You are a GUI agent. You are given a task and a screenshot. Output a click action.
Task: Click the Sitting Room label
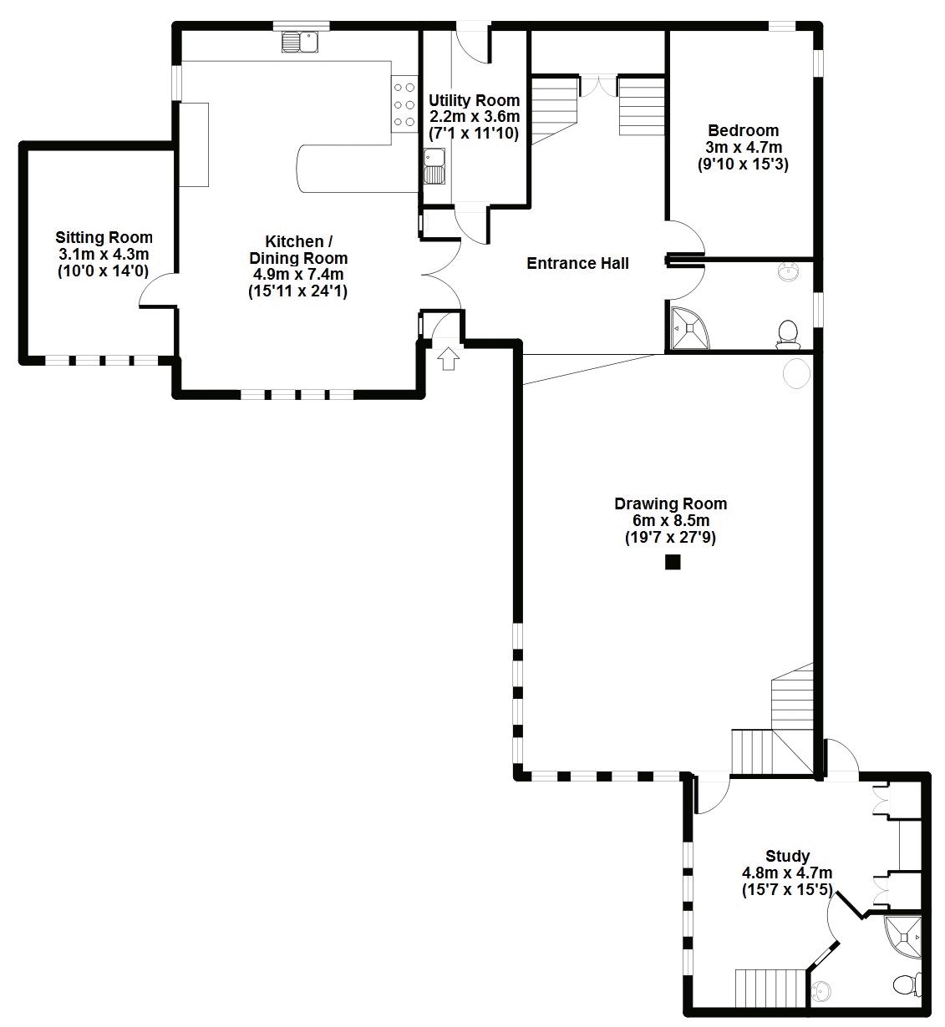pos(104,238)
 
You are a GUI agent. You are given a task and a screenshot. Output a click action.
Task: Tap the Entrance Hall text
pos(577,263)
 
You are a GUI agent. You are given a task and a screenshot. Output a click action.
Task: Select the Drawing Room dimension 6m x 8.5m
pos(671,521)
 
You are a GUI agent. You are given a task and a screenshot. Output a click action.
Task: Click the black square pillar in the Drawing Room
pos(673,562)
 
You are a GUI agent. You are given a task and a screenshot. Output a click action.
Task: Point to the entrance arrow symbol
pos(449,358)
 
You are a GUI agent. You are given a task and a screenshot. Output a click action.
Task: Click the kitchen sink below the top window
pos(300,42)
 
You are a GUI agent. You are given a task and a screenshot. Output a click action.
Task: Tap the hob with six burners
pos(404,104)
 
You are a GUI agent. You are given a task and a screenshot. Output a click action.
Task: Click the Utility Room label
pos(474,100)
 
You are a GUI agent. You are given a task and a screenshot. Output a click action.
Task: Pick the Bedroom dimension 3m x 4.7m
pos(744,148)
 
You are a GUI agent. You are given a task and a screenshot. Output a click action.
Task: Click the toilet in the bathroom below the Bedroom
pos(788,334)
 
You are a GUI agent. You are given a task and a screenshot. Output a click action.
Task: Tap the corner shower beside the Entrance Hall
pos(689,329)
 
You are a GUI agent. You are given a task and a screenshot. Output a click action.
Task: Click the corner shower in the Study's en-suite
pos(902,937)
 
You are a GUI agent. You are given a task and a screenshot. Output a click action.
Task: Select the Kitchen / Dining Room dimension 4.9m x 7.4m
pos(298,275)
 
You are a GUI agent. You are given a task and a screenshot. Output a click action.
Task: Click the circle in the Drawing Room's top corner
pos(797,372)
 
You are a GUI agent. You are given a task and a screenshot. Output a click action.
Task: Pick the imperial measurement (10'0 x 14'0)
pos(104,271)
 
